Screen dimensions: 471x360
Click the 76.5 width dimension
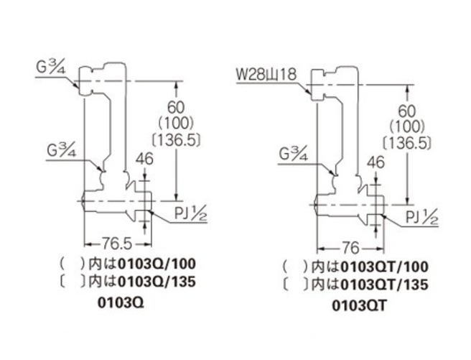tap(118, 244)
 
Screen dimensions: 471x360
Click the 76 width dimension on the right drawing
tap(350, 248)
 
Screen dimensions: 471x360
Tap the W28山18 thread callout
tap(266, 74)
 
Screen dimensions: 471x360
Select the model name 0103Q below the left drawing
tap(121, 303)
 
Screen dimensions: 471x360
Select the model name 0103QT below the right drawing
tap(359, 306)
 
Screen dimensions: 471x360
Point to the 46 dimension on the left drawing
tap(144, 159)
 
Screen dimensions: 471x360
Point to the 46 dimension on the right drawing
tap(376, 162)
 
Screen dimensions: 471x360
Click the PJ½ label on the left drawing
tap(191, 214)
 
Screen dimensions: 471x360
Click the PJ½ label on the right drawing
tap(422, 218)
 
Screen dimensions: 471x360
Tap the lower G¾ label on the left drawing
tap(62, 151)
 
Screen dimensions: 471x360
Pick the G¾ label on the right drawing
tap(294, 154)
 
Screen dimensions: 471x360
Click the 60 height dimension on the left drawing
tap(176, 107)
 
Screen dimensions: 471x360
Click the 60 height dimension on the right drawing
tap(407, 111)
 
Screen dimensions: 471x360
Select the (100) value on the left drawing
tap(176, 123)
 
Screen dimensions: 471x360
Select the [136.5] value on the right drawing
tap(407, 143)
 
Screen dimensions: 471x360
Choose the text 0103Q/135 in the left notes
tap(157, 282)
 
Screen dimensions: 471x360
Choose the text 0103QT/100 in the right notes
tap(385, 267)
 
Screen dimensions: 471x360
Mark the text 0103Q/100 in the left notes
tap(157, 264)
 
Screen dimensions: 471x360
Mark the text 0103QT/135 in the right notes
tap(385, 285)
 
